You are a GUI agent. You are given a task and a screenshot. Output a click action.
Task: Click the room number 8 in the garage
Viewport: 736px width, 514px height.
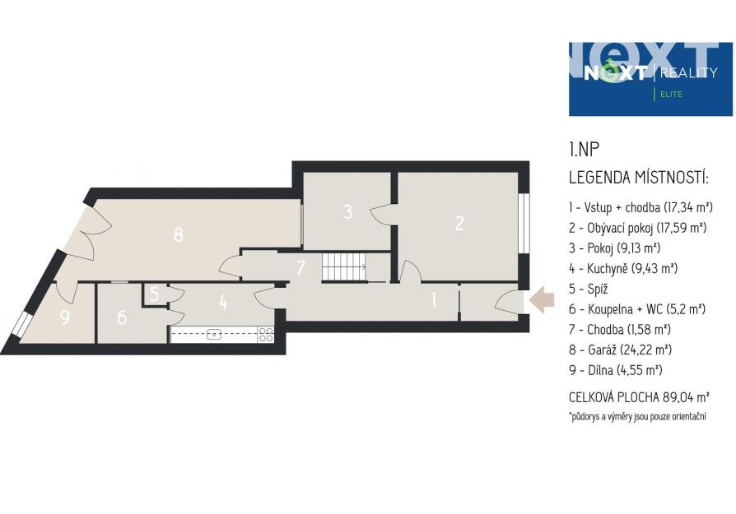tap(178, 234)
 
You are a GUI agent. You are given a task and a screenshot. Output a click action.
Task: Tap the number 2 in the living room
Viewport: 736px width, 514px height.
tap(459, 223)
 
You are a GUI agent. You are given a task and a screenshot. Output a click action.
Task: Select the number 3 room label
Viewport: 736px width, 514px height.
tap(347, 211)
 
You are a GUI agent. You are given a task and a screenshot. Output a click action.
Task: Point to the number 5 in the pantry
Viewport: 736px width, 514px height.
tap(155, 294)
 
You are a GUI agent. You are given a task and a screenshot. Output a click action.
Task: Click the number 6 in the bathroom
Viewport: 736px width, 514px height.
tap(122, 317)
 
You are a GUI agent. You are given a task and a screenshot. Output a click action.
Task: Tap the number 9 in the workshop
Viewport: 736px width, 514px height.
tap(65, 317)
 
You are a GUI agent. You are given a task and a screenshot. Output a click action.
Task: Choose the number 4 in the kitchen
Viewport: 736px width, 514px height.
tap(223, 303)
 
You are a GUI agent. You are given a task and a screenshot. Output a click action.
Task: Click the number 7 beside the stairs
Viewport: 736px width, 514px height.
tap(300, 267)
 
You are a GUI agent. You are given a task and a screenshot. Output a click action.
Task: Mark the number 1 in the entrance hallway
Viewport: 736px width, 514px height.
tap(434, 300)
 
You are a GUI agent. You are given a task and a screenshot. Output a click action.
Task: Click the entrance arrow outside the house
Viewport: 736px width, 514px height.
tap(542, 300)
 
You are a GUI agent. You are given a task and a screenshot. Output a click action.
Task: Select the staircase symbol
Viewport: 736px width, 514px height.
tap(345, 267)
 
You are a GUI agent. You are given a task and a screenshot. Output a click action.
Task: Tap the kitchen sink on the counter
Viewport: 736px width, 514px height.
tap(215, 335)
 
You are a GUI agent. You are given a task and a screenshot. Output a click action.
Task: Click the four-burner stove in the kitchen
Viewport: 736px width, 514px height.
tap(266, 335)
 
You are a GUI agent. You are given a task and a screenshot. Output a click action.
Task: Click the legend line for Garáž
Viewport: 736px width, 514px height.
tap(620, 350)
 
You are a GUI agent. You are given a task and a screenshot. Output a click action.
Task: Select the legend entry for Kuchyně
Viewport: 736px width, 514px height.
tap(623, 269)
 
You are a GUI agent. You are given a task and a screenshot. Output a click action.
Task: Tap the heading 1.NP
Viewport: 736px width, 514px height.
tap(585, 150)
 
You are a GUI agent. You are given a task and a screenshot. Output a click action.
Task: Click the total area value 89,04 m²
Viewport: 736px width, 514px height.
tap(686, 397)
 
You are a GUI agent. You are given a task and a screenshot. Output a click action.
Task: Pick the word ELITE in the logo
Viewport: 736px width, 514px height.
tap(671, 95)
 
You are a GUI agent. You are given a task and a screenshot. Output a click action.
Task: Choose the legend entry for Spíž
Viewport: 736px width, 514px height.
tap(589, 289)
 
